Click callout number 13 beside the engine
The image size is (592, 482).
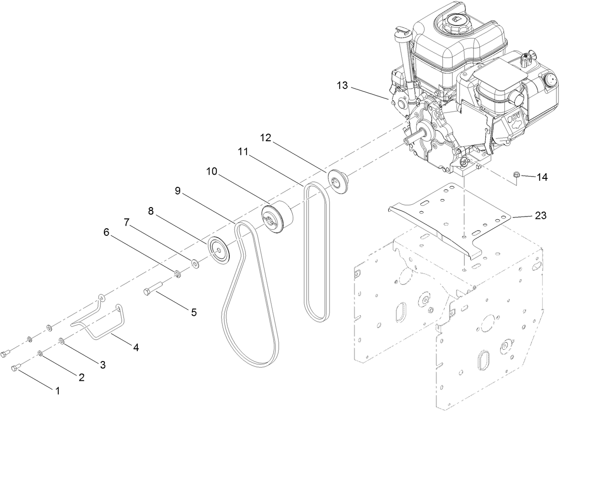click(342, 85)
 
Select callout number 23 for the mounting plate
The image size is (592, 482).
click(541, 215)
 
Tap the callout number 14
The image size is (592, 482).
click(542, 177)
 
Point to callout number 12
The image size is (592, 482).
click(266, 137)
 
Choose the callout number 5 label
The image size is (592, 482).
click(193, 312)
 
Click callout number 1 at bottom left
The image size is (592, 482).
click(58, 390)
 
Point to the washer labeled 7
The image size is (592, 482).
click(194, 262)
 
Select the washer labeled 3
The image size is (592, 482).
click(62, 340)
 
